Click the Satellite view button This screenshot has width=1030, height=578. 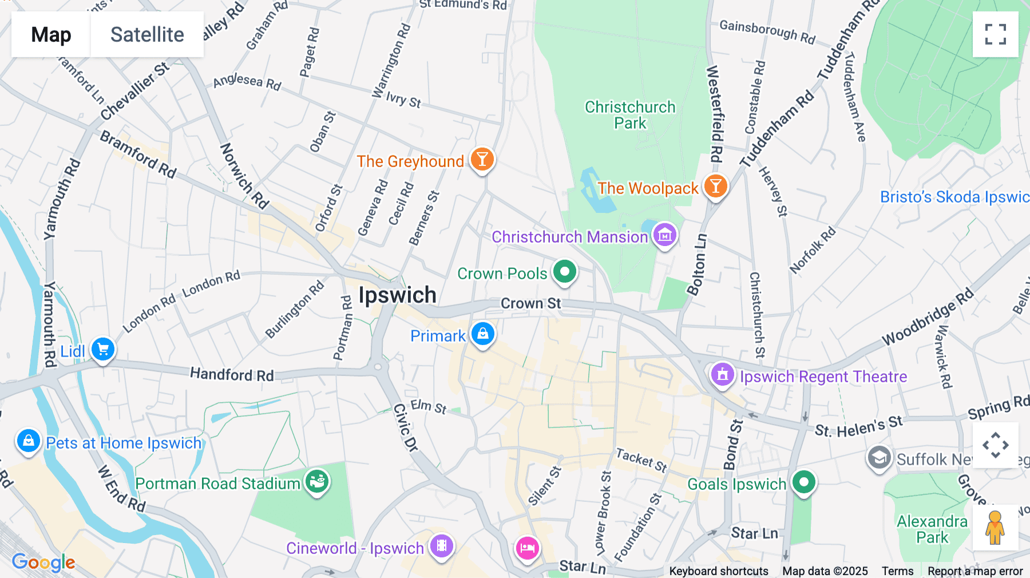[x=147, y=34]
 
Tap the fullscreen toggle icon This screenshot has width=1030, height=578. [x=995, y=34]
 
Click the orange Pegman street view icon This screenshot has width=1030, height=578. [x=995, y=528]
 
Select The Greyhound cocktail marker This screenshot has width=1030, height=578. [x=482, y=160]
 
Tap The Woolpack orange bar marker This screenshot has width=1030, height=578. [x=715, y=187]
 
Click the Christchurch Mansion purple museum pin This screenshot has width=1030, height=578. [x=664, y=235]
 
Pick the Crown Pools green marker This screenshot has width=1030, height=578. [x=565, y=272]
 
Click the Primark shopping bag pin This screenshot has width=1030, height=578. [x=482, y=334]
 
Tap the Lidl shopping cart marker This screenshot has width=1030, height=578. [x=103, y=349]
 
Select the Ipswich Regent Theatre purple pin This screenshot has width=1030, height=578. [x=722, y=375]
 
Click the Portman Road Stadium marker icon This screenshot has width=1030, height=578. [x=316, y=482]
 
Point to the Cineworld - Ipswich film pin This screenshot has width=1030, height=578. [x=441, y=546]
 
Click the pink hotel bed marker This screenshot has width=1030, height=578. [x=527, y=548]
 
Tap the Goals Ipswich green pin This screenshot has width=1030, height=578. [x=803, y=482]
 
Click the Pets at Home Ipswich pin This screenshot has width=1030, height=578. [x=28, y=441]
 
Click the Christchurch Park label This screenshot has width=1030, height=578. [x=630, y=115]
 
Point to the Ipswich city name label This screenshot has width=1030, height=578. [x=397, y=295]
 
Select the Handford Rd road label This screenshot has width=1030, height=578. [x=232, y=375]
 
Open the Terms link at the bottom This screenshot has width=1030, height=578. [x=897, y=571]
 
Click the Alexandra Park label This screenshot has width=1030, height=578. [x=932, y=529]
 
